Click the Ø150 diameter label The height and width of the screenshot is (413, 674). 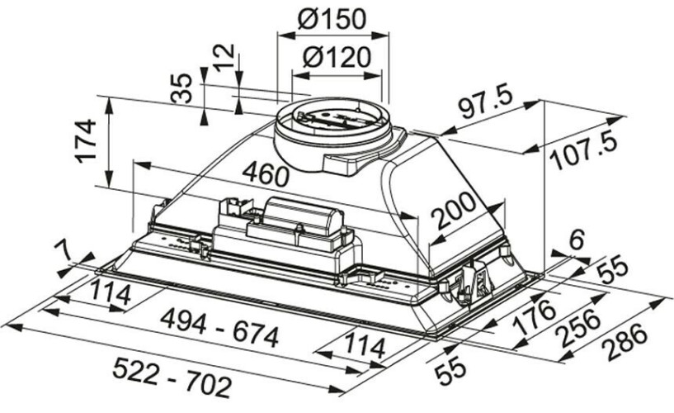coord(332,19)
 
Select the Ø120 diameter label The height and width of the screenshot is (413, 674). coord(335,58)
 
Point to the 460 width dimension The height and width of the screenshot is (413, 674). coord(266,174)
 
